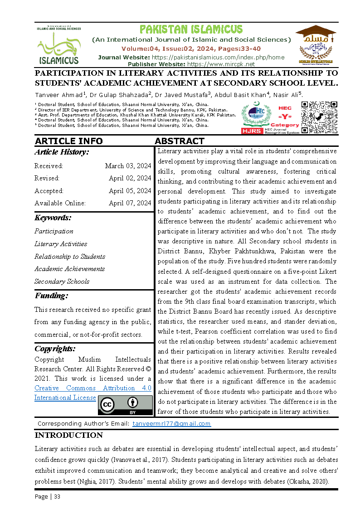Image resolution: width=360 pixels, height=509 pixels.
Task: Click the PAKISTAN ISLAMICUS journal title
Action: [x=191, y=29]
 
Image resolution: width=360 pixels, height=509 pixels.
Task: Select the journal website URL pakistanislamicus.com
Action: [x=218, y=57]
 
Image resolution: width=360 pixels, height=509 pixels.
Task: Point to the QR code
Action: [x=320, y=117]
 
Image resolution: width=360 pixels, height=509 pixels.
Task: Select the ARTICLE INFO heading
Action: [x=68, y=141]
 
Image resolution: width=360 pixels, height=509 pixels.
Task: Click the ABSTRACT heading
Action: [x=180, y=141]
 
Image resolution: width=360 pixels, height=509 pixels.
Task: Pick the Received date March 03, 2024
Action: [x=128, y=166]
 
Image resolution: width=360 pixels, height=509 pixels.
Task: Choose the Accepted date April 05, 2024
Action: [x=130, y=191]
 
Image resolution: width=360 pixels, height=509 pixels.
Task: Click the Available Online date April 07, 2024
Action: [x=130, y=203]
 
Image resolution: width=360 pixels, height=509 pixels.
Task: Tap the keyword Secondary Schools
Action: [x=62, y=281]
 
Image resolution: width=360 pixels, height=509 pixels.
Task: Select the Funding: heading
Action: [x=51, y=296]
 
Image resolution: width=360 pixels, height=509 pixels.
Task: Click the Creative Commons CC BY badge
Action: [x=125, y=405]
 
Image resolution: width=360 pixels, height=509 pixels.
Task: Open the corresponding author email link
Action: [x=171, y=424]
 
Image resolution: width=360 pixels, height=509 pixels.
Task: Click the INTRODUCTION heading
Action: [x=69, y=436]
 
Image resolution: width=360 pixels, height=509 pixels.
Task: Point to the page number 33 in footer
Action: [x=57, y=496]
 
